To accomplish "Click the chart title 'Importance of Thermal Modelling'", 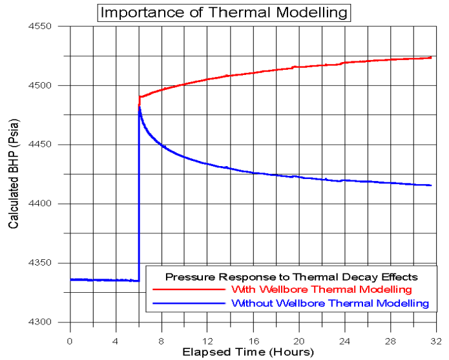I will tap(224, 12).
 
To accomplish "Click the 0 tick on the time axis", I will tap(70, 339).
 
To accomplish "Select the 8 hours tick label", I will tap(161, 339).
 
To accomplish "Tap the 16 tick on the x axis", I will tap(252, 339).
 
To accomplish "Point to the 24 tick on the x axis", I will tap(343, 339).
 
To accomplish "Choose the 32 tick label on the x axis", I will tap(434, 339).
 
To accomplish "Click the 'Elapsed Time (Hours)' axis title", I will tap(248, 352).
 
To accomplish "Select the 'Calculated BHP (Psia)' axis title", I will tap(13, 175).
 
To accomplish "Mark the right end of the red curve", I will tap(431, 58).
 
